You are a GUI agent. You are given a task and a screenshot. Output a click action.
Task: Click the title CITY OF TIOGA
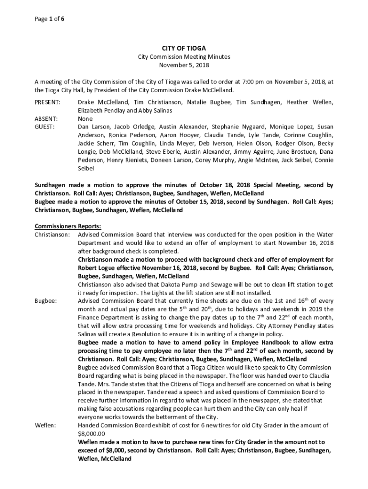(x=184, y=48)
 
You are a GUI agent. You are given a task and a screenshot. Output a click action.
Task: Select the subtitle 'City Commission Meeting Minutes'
(x=184, y=56)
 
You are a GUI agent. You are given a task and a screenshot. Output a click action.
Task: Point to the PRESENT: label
(x=47, y=102)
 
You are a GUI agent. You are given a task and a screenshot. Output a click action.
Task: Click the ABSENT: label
(x=46, y=118)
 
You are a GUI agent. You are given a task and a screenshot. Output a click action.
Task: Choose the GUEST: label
(x=44, y=127)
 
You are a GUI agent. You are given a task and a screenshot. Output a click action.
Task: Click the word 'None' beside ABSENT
(x=85, y=118)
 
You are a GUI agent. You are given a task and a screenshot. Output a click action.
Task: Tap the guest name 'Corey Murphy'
(x=212, y=160)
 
